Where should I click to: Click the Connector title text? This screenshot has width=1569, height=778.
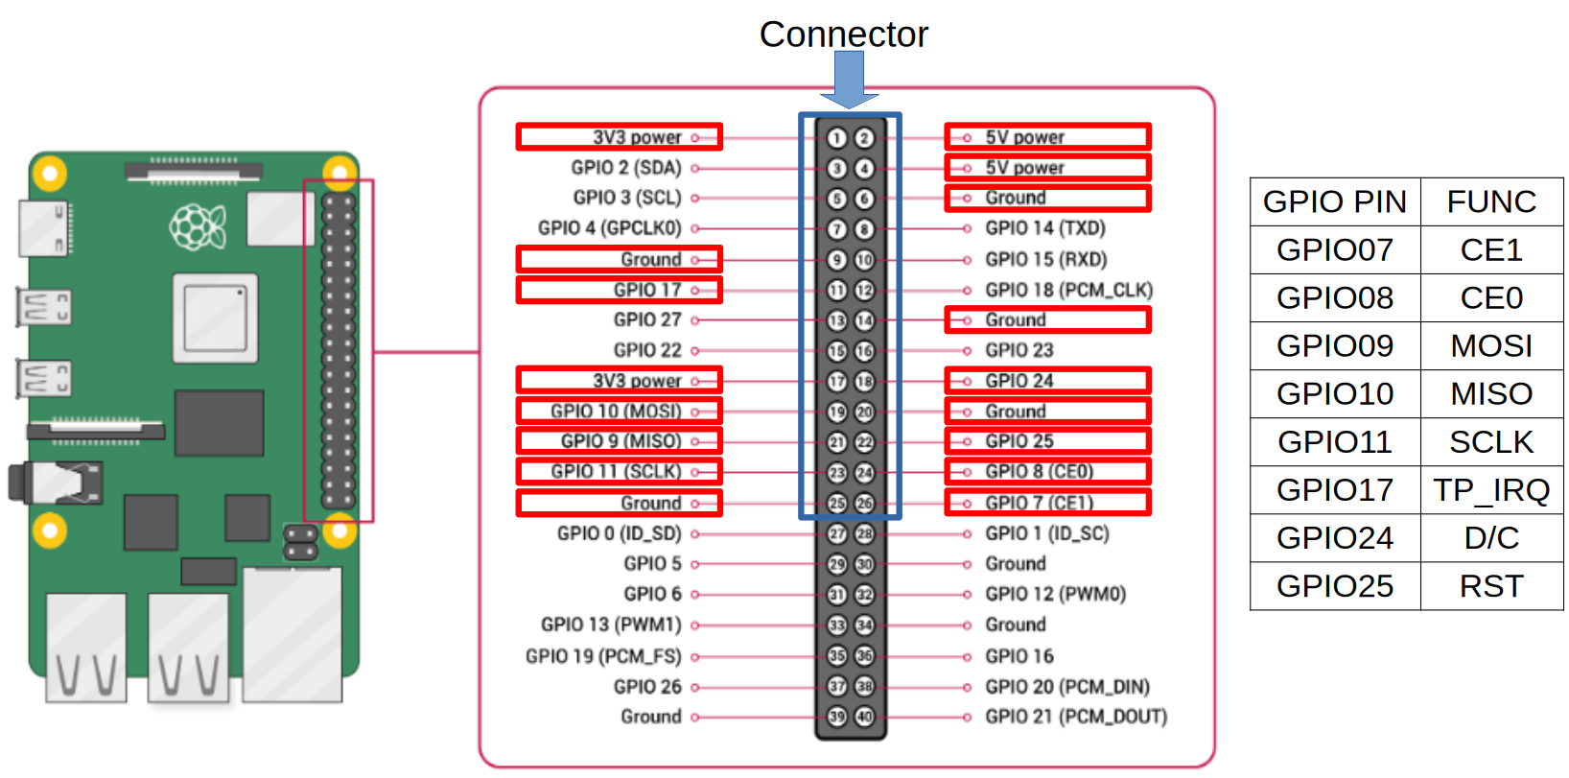843,35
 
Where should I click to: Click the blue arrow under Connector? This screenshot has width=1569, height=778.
849,81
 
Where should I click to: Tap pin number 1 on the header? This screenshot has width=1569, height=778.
836,138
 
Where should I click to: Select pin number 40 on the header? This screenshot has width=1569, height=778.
864,718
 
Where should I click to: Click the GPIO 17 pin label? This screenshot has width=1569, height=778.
647,290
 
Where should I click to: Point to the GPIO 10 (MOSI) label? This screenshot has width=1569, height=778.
616,412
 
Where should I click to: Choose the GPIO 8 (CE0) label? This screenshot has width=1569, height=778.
1039,471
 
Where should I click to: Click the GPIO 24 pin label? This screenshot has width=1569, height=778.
1019,381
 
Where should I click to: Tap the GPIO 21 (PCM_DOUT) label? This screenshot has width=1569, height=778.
1075,717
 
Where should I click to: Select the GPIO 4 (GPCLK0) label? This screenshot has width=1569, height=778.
609,228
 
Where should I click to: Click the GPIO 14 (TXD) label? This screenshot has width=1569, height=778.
1044,228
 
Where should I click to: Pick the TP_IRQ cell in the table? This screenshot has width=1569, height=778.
1491,490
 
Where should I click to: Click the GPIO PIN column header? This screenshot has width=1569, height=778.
1334,202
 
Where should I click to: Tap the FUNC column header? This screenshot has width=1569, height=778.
1491,202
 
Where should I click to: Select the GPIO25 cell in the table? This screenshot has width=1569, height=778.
1334,586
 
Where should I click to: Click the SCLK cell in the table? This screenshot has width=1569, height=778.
1491,442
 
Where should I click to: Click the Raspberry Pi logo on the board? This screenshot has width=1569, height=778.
197,227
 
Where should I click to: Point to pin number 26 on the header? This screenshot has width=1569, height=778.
864,503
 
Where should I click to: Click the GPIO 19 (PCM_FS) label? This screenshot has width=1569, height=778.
602,656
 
